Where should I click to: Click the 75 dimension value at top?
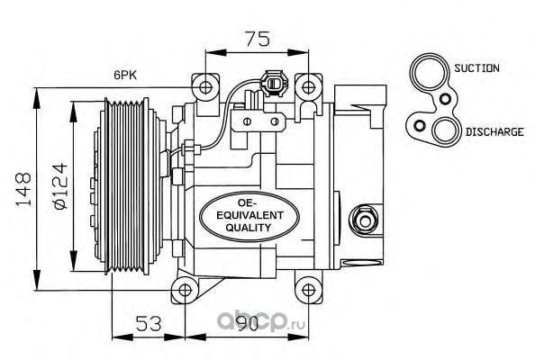coord(258,39)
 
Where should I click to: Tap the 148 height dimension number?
coord(24,190)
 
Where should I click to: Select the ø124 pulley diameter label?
coord(59,186)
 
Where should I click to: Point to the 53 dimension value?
coord(149,323)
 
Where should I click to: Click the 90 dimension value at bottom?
coord(248,323)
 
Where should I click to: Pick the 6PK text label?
coord(125,75)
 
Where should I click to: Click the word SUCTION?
coord(476,68)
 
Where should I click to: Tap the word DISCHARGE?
coord(494,132)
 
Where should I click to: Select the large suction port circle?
coord(428,72)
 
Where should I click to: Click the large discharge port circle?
coord(445,131)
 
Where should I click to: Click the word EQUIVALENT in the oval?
coord(250,215)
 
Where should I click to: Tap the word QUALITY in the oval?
coord(248,228)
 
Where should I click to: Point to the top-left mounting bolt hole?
coord(205,87)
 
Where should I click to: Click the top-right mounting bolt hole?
coord(308,87)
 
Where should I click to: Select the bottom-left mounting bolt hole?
coord(185,290)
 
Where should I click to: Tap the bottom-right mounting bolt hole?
coord(308,290)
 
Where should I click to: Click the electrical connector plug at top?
coord(274,82)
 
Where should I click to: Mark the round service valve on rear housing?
coord(364,220)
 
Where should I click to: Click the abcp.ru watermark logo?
coord(261,321)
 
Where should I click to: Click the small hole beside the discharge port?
coord(420,126)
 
